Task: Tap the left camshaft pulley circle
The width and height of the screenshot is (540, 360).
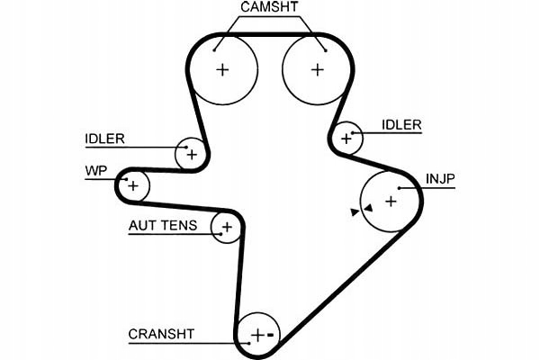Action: [222, 70]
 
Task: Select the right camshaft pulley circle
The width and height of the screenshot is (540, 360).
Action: [316, 70]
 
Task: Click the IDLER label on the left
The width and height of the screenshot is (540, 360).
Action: [105, 139]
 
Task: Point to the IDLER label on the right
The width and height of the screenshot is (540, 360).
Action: [400, 125]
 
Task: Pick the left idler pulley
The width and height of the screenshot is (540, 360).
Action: [191, 154]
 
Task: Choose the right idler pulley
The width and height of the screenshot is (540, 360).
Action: [346, 139]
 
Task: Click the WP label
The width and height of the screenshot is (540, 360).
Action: [96, 169]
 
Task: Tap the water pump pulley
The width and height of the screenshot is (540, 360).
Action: [133, 186]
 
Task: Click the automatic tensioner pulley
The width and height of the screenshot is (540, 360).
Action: [226, 227]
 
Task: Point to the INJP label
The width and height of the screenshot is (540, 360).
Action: [441, 178]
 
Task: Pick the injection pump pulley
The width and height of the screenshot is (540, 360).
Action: [391, 202]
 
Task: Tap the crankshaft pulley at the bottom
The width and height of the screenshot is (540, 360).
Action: [258, 335]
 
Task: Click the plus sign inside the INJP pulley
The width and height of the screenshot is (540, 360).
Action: [391, 202]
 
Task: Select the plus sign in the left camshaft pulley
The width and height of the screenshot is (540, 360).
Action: [222, 70]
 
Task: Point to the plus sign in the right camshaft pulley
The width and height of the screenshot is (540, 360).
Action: [316, 70]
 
